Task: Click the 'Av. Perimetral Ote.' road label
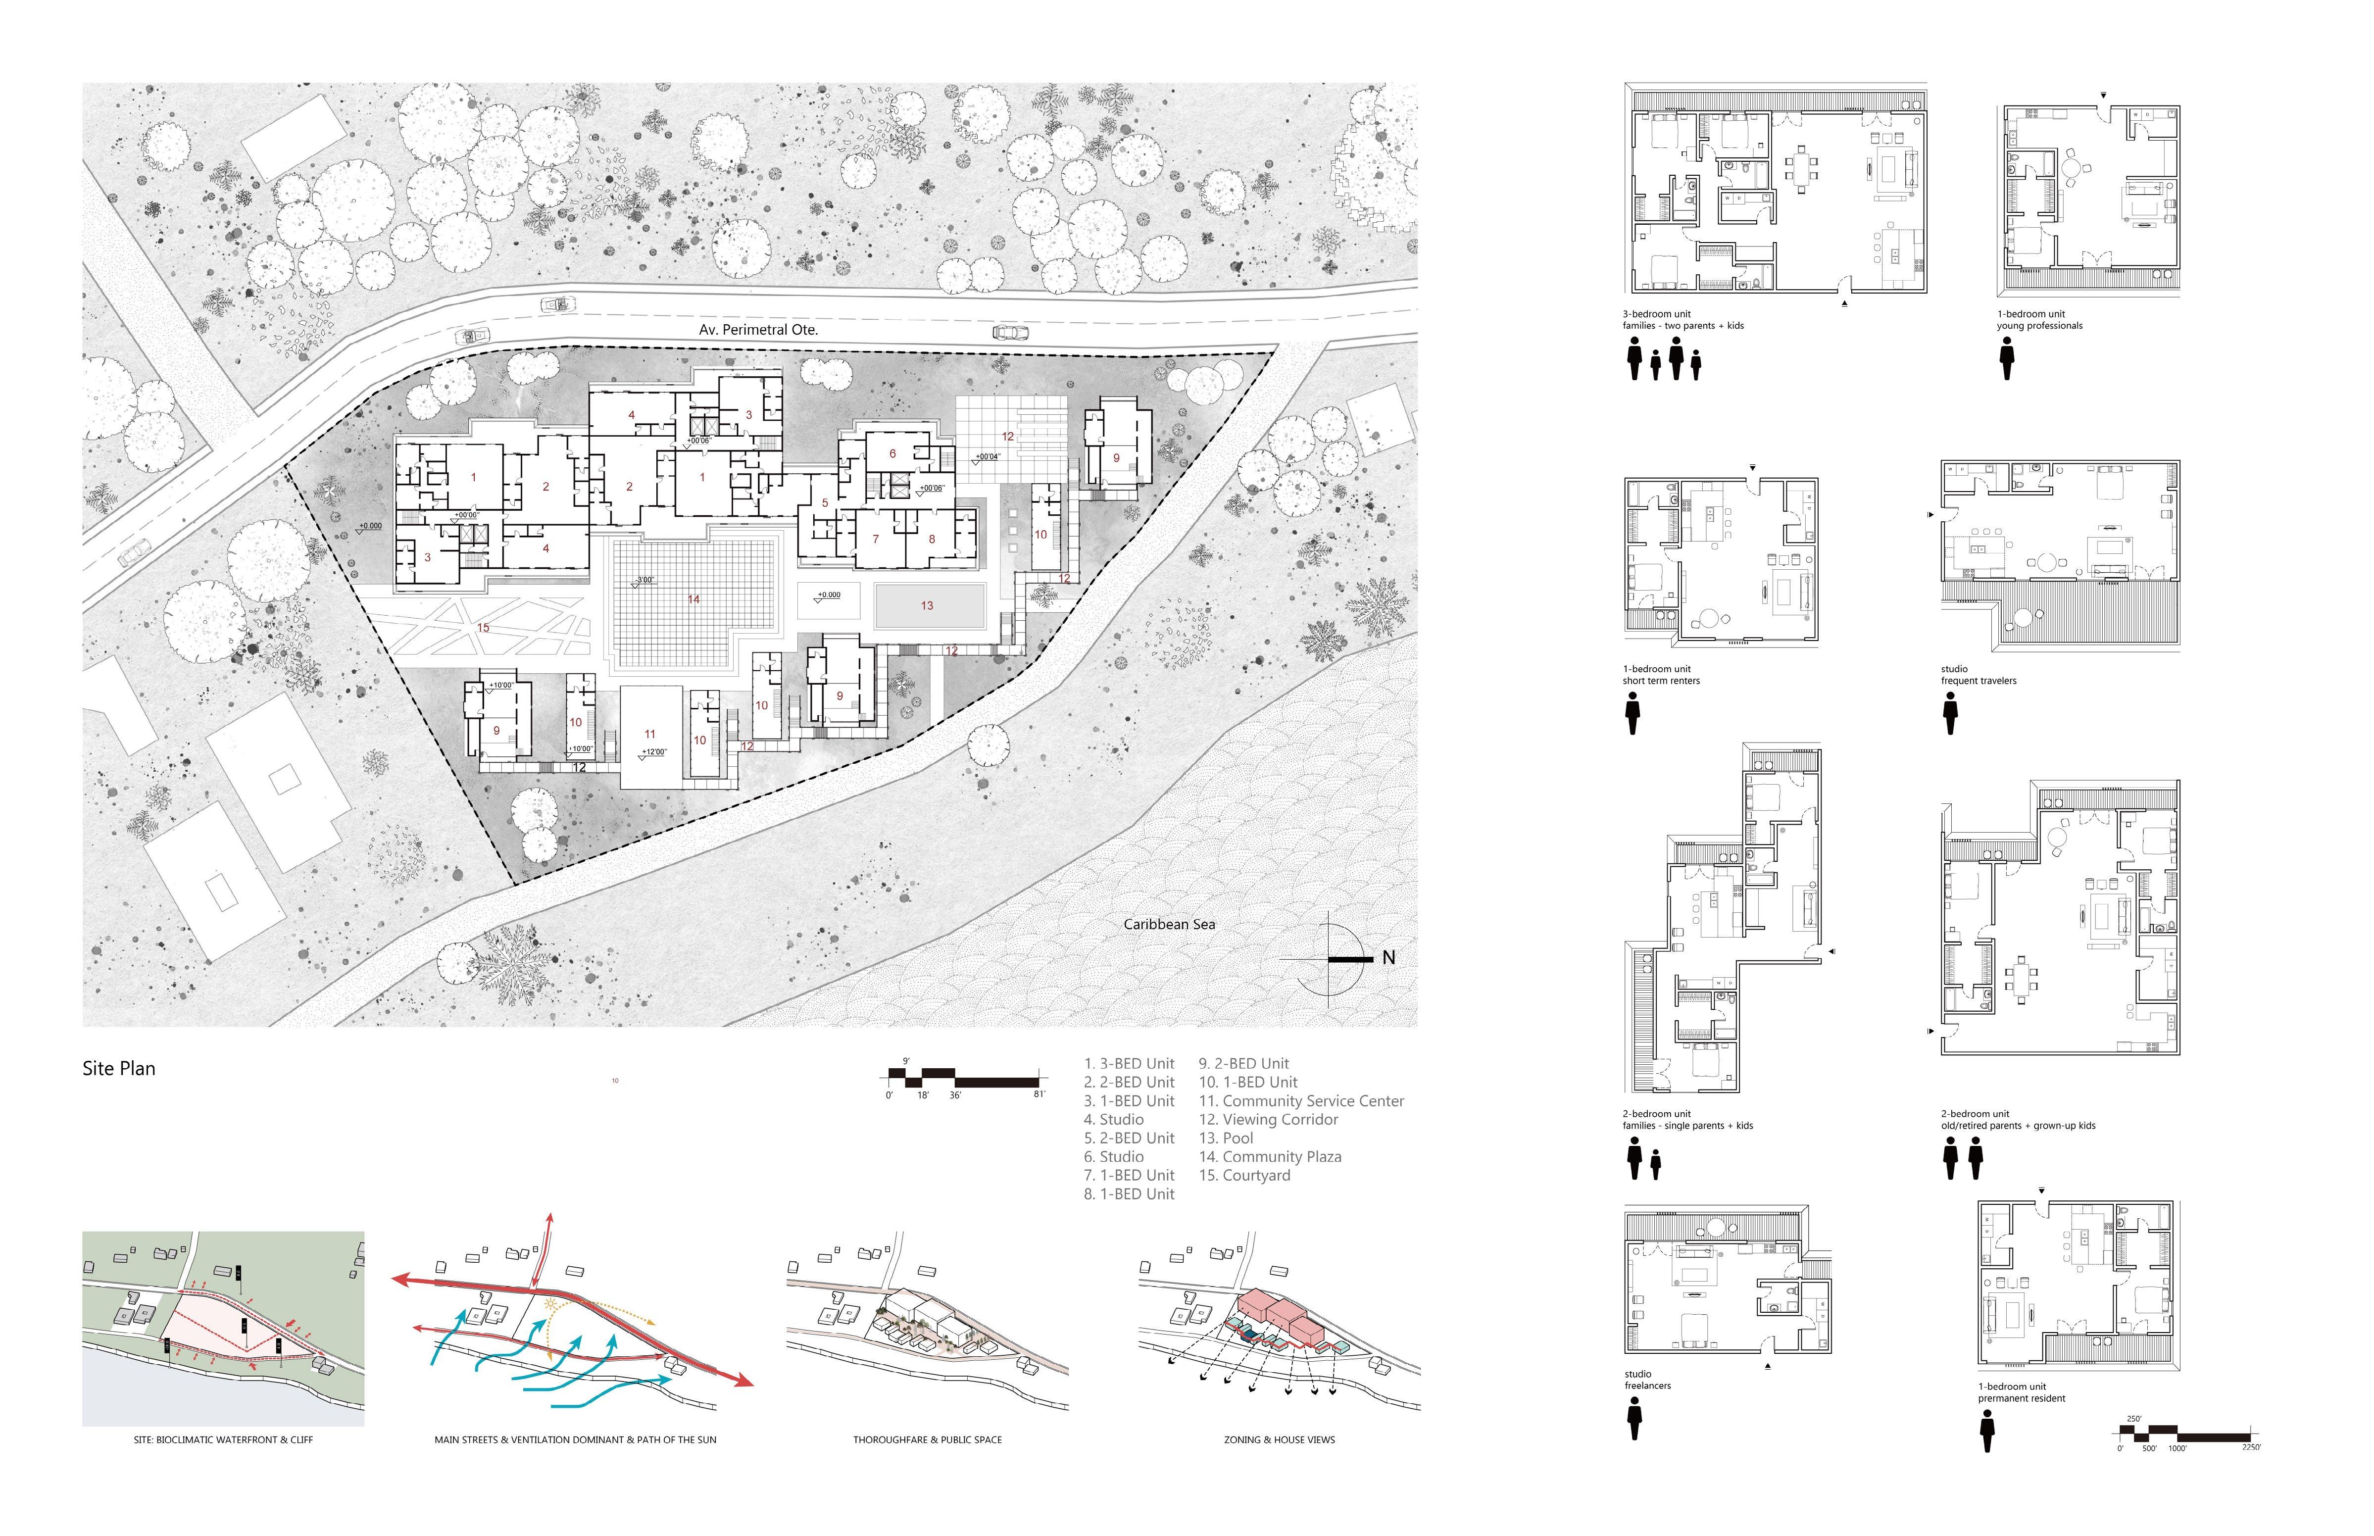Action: pyautogui.click(x=758, y=329)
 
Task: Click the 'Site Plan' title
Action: pyautogui.click(x=119, y=1068)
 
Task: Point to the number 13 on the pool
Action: pyautogui.click(x=927, y=605)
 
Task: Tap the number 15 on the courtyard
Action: pyautogui.click(x=483, y=627)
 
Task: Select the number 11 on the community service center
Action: pyautogui.click(x=649, y=734)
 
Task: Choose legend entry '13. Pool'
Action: pyautogui.click(x=1226, y=1138)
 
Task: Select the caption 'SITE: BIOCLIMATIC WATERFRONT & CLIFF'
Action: pyautogui.click(x=223, y=1439)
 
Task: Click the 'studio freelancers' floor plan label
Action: pyautogui.click(x=1647, y=1380)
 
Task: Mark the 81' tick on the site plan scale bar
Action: pyautogui.click(x=1039, y=1094)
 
